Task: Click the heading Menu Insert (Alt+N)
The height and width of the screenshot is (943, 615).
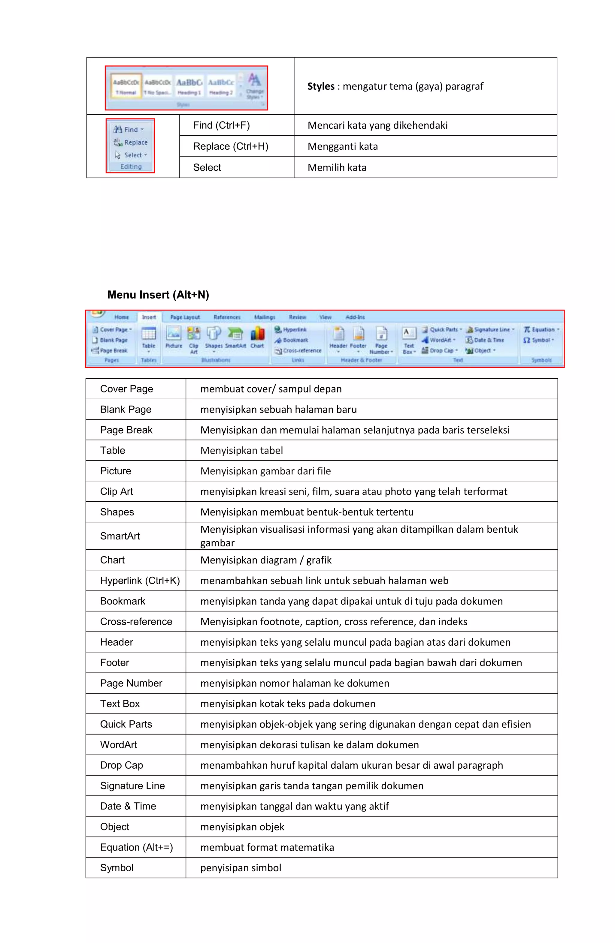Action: coord(158,295)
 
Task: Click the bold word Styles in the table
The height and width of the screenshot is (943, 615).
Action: coord(320,86)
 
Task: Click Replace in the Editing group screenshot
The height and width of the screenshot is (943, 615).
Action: coord(135,142)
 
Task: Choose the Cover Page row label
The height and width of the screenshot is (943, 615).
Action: coord(126,389)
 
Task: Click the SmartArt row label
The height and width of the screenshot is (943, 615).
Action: coord(120,536)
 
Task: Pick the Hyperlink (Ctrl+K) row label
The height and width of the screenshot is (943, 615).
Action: coord(140,581)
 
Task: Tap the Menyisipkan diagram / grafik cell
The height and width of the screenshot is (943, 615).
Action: coord(266,560)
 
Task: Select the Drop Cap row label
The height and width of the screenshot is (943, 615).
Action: coord(121,765)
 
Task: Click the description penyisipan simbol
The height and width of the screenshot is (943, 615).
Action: coord(241,868)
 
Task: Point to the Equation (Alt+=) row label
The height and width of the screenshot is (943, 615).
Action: coord(136,848)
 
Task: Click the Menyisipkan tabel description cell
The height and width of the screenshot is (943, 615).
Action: coord(241,451)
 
